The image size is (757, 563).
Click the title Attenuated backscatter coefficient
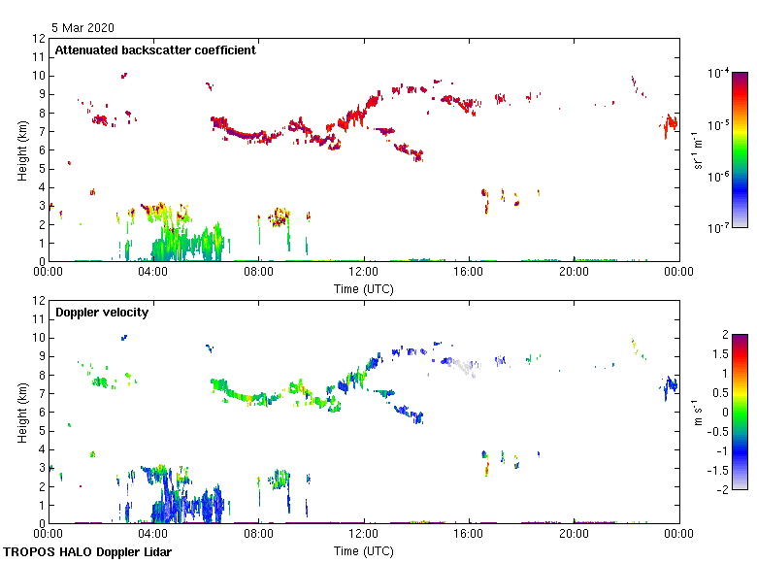[155, 50]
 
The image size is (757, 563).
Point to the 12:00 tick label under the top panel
[364, 272]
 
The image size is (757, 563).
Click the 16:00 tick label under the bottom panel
[469, 534]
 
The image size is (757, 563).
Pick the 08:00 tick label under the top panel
[258, 272]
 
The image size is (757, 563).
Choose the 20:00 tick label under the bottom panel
[574, 534]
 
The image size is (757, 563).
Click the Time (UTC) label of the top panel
[363, 288]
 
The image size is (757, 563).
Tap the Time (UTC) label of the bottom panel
[363, 550]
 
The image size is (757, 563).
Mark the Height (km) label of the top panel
[22, 149]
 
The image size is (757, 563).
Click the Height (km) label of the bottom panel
[22, 412]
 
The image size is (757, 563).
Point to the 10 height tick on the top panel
[39, 76]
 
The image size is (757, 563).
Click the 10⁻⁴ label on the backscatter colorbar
[719, 73]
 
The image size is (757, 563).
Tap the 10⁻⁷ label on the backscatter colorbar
[719, 229]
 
